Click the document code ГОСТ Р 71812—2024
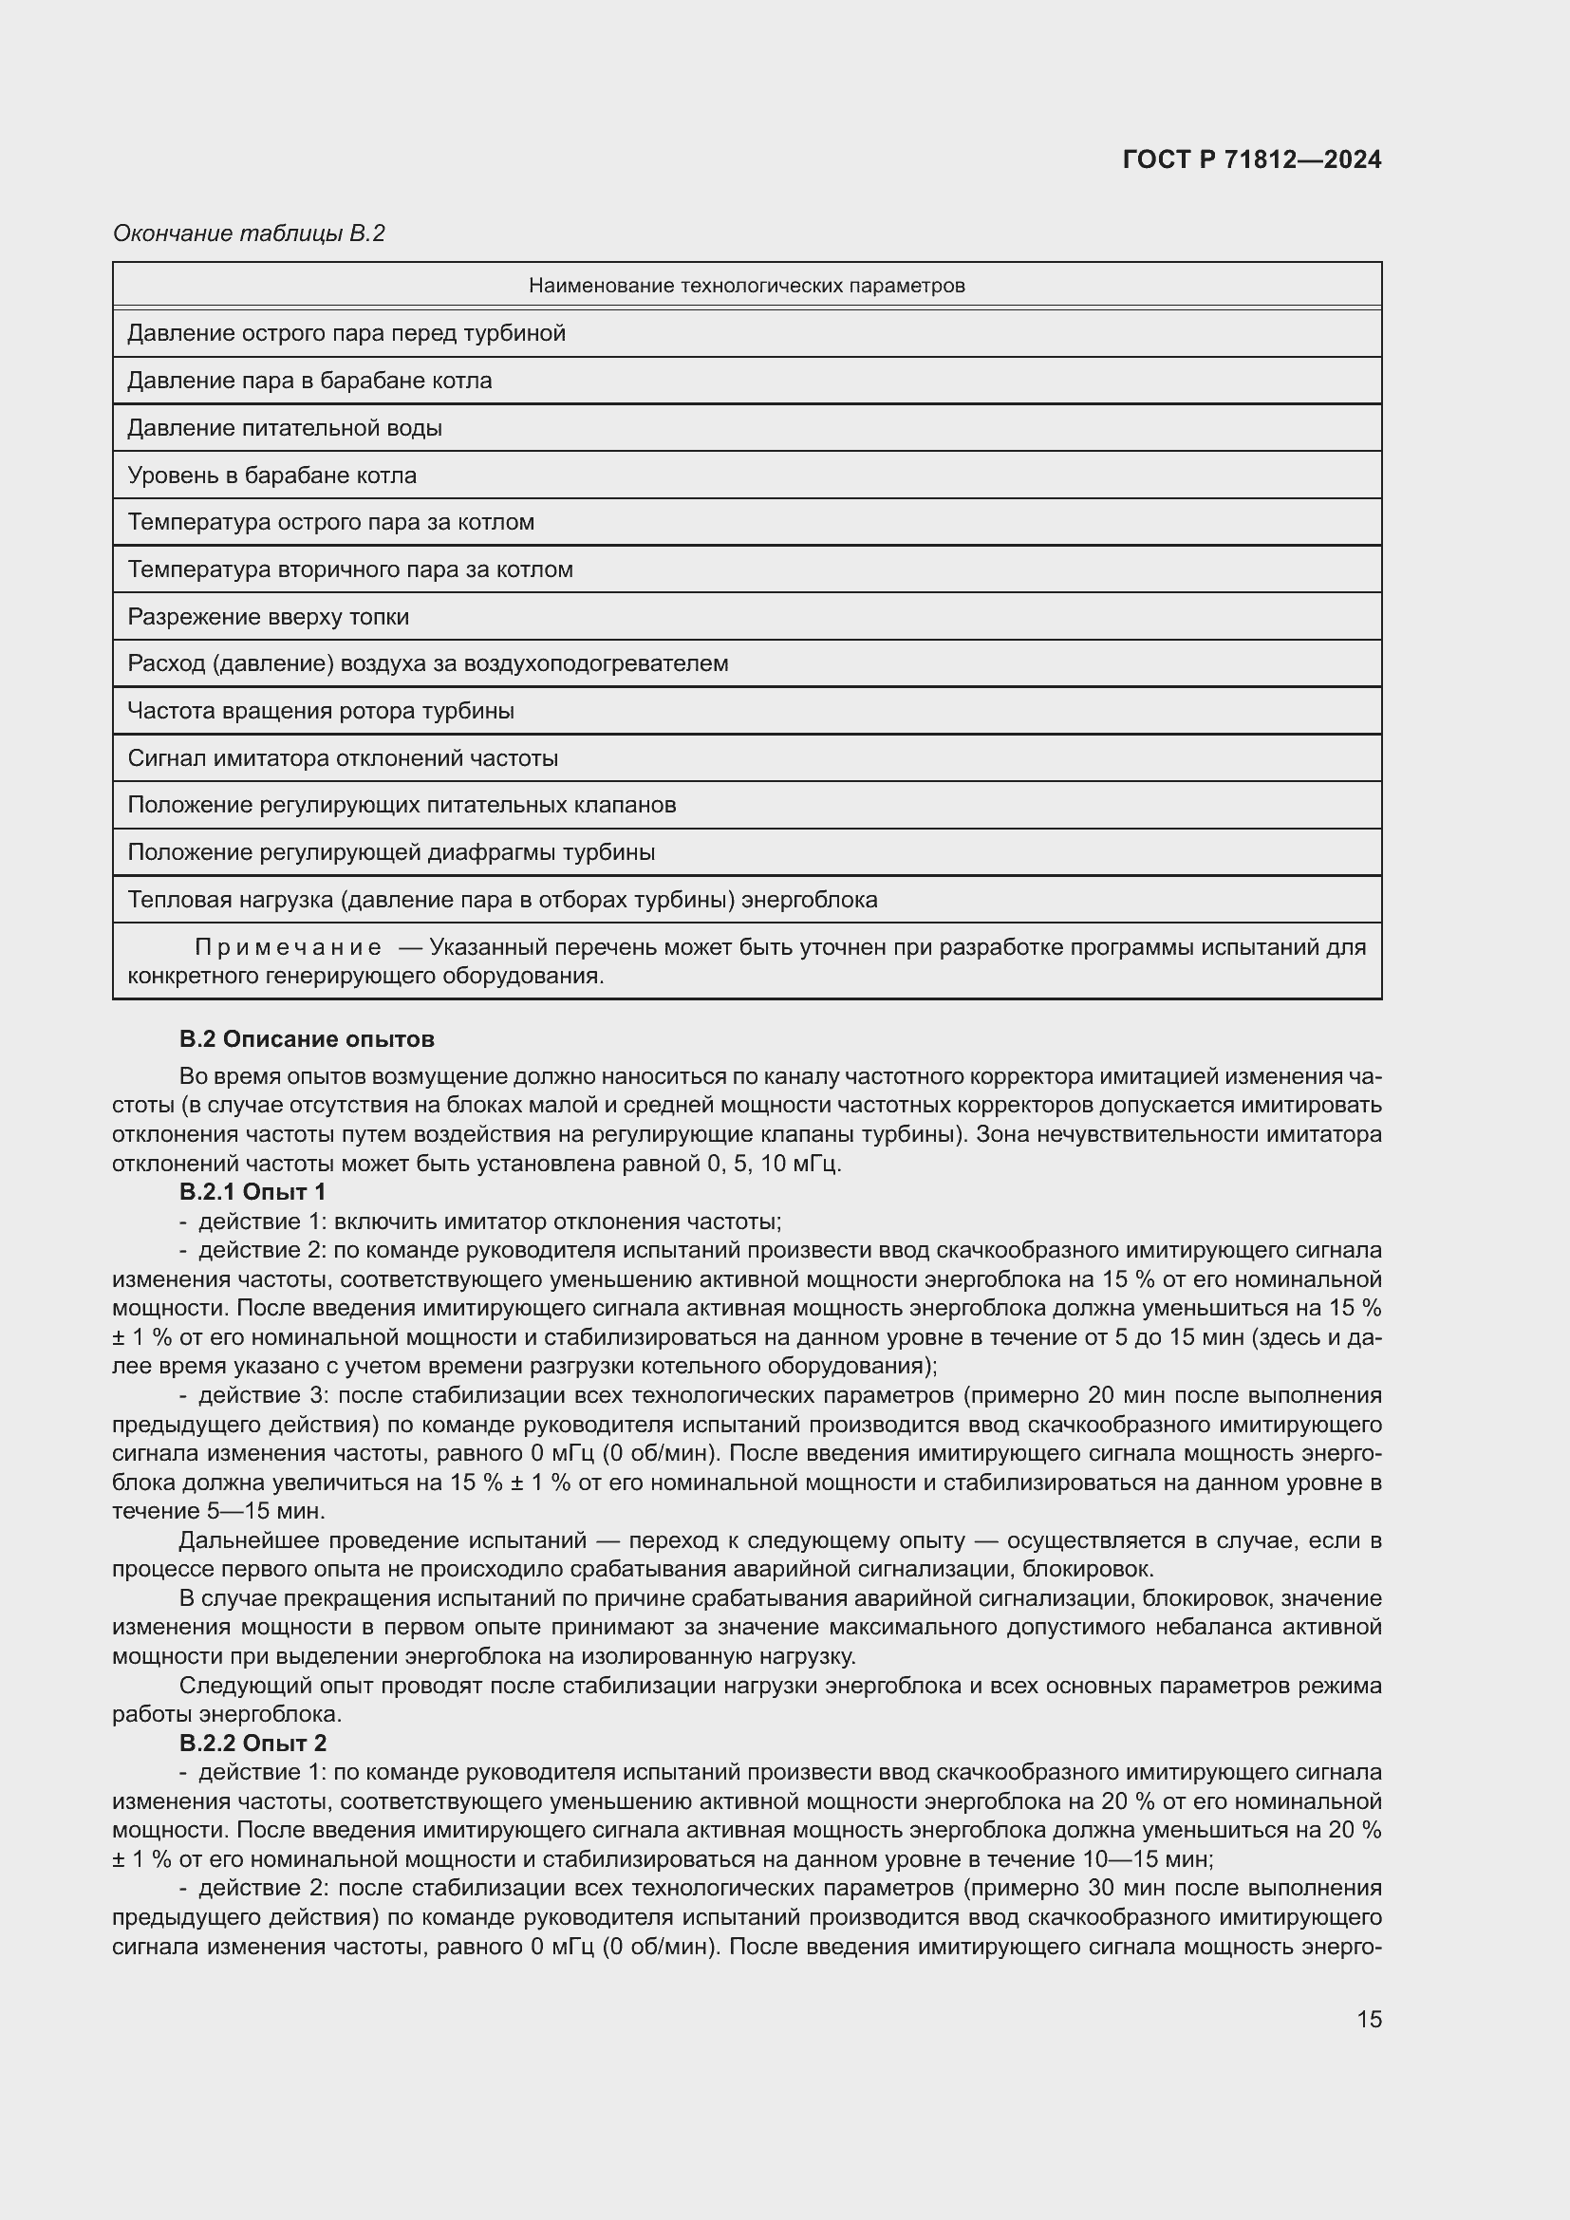(1251, 159)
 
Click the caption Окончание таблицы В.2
(249, 233)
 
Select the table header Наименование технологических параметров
(746, 286)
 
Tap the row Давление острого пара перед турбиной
(346, 333)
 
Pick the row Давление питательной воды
(284, 428)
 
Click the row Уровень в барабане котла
(271, 476)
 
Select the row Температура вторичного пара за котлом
(350, 569)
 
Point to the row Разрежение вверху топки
(268, 617)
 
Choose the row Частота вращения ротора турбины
(321, 711)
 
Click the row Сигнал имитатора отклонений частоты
(343, 758)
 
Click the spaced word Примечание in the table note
(289, 946)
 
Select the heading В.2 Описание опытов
(307, 1038)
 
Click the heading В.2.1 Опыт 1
(252, 1191)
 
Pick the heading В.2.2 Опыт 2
(252, 1743)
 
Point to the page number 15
(1369, 2019)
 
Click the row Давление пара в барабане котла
(309, 381)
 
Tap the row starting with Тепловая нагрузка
(502, 899)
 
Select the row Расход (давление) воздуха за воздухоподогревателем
(427, 663)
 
